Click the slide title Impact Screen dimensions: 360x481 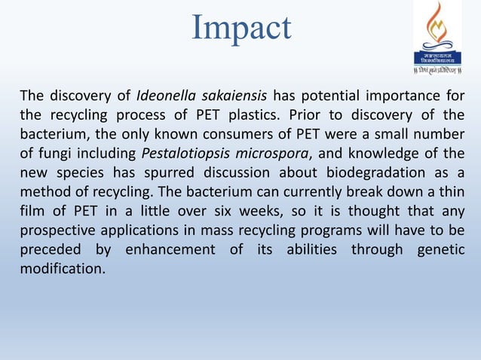click(240, 28)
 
